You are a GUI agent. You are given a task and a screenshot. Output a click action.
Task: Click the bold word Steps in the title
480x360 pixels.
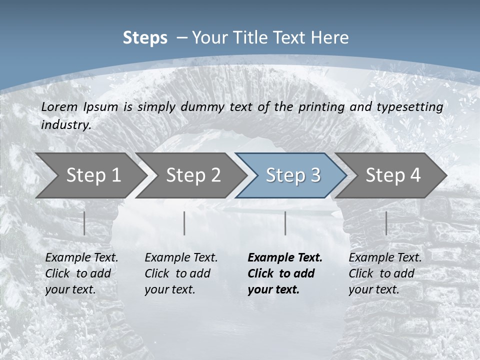pos(145,38)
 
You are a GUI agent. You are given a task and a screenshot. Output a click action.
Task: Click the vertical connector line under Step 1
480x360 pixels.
pos(84,223)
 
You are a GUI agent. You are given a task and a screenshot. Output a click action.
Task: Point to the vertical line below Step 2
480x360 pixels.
pos(184,223)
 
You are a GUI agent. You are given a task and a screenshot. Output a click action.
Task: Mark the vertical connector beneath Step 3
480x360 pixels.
pos(285,223)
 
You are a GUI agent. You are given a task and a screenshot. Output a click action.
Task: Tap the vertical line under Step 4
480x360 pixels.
pos(386,223)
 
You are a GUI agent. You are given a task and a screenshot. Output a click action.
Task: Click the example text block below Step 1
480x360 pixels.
pos(81,273)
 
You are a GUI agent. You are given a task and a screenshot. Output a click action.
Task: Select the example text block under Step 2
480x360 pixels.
pos(181,273)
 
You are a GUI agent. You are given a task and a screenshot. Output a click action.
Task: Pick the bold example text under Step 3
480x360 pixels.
pos(285,273)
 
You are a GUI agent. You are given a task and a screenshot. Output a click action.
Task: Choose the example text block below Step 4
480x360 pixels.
pos(385,273)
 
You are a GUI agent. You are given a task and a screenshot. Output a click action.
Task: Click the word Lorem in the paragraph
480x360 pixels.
pos(59,107)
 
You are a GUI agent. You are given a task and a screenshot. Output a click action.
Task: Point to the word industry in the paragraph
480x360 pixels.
pos(66,125)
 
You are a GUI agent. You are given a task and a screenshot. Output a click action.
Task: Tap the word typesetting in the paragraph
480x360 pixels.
pos(409,107)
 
